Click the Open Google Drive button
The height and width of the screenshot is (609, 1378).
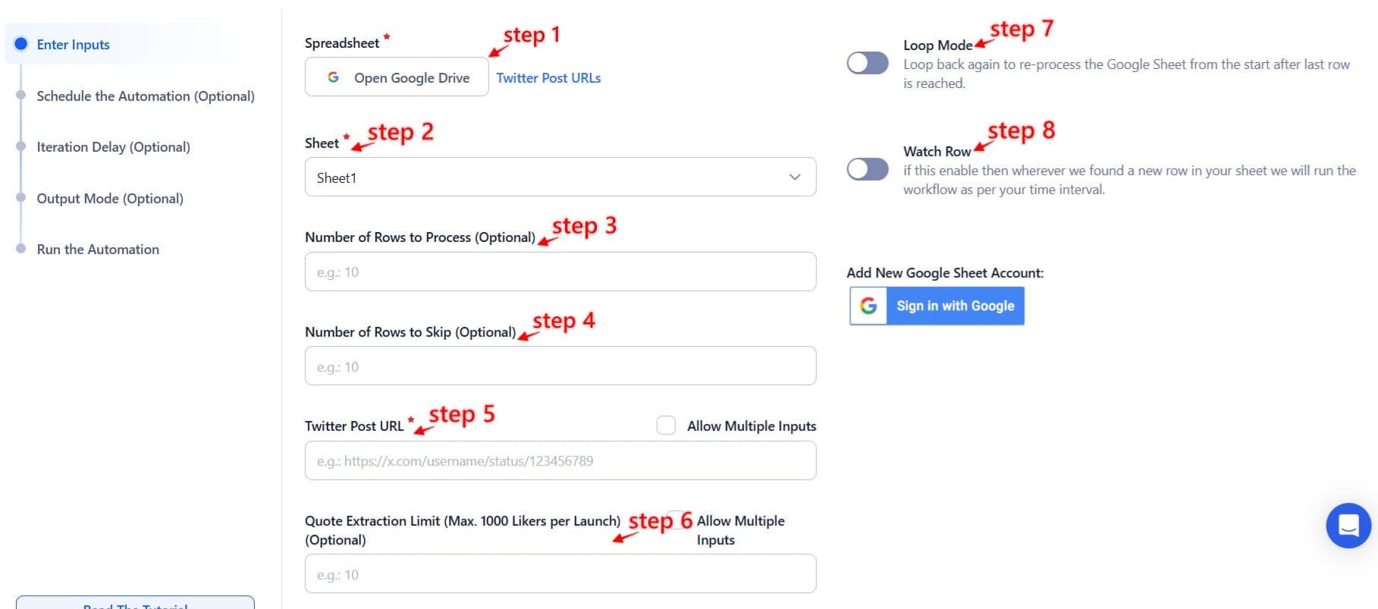[x=397, y=77]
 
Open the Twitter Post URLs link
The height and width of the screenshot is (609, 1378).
[x=548, y=78]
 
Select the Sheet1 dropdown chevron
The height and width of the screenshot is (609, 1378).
[x=794, y=177]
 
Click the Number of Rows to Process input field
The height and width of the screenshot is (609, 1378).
[x=560, y=272]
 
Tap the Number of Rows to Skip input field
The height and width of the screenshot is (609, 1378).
[x=560, y=366]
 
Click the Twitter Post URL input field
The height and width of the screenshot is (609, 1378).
[x=560, y=461]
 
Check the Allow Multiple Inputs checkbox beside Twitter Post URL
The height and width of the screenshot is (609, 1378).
[x=666, y=425]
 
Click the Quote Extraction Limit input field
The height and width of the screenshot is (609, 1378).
[x=560, y=574]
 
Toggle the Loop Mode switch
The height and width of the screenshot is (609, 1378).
[x=868, y=63]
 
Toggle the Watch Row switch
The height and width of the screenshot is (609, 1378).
[x=868, y=169]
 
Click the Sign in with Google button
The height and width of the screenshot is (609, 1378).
[x=937, y=306]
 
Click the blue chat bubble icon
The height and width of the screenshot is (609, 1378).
[x=1348, y=525]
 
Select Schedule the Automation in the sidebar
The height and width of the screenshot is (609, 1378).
[x=146, y=96]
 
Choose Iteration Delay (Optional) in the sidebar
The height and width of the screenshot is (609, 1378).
[x=114, y=147]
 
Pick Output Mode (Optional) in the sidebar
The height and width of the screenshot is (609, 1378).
[x=110, y=199]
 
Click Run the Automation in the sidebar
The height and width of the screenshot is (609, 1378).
[x=98, y=250]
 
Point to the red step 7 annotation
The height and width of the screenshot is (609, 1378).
[x=1021, y=30]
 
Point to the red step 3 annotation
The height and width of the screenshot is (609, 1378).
[x=584, y=226]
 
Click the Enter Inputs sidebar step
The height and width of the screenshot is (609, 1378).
[x=73, y=45]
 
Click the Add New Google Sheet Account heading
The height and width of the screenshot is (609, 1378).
[x=945, y=273]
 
